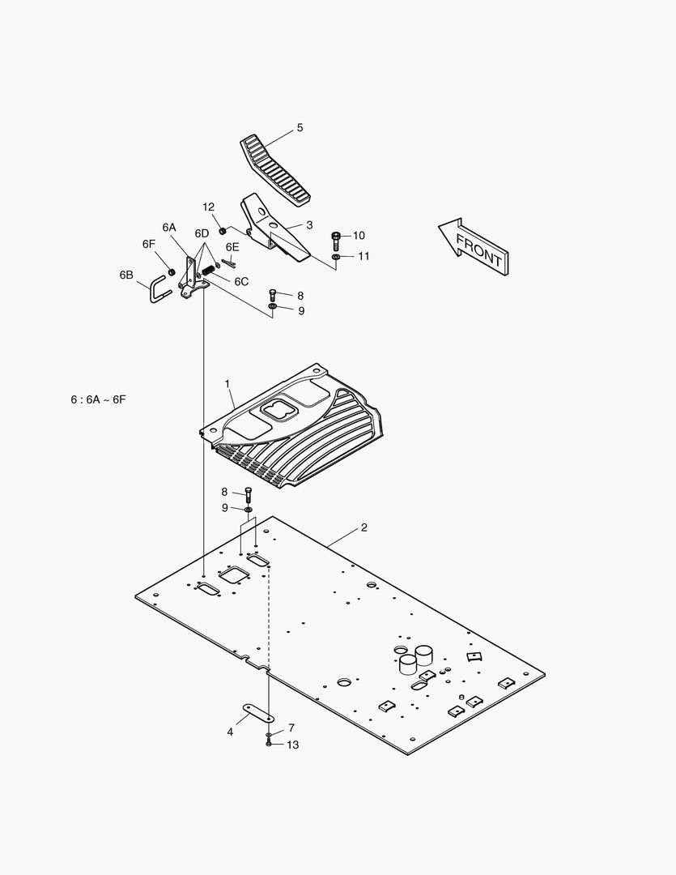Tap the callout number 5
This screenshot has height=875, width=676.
click(300, 128)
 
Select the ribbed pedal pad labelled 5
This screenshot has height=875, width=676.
click(275, 170)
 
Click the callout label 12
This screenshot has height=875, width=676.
click(208, 207)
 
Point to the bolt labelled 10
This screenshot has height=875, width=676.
click(336, 241)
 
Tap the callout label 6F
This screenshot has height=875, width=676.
click(148, 244)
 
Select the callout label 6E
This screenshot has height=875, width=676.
click(232, 246)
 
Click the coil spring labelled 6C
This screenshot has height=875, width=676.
click(209, 268)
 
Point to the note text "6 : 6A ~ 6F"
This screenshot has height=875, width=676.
click(98, 399)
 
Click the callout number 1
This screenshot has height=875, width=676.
click(227, 383)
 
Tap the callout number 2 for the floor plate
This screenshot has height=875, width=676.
click(364, 527)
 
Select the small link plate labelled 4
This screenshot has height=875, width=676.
click(258, 712)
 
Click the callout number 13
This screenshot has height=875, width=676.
click(293, 745)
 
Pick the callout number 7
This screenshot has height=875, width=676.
click(291, 728)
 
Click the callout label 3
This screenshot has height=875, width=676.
click(309, 225)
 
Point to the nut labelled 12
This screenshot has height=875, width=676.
click(222, 230)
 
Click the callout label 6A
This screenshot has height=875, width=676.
click(169, 227)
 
